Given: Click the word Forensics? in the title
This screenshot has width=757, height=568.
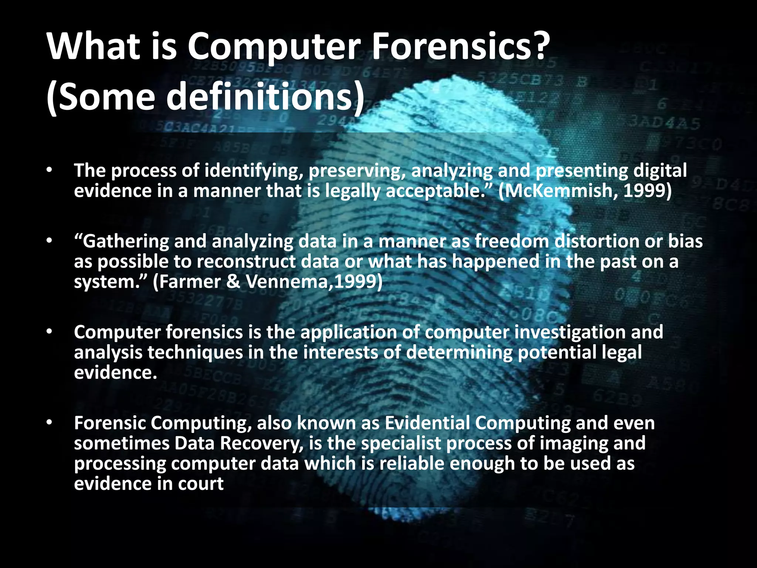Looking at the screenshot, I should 458,47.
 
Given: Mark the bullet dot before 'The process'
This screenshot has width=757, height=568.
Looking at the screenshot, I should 50,171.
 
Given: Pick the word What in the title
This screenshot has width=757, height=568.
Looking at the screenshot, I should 93,47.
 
